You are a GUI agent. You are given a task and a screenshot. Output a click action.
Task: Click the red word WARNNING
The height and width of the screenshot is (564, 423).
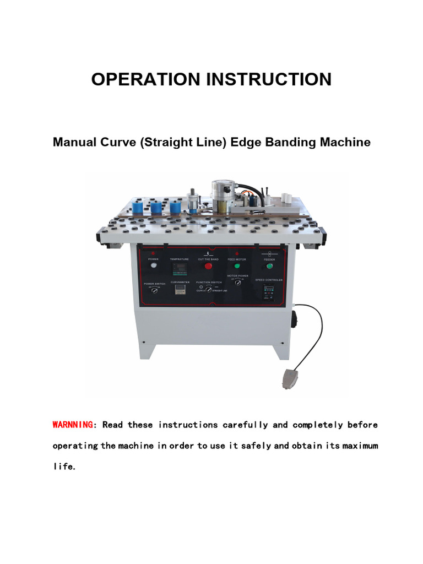tap(73, 425)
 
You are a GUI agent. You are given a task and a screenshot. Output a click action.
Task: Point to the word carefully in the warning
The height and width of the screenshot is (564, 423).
tap(245, 425)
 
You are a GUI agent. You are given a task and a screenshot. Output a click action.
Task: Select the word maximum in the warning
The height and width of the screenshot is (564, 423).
tap(360, 446)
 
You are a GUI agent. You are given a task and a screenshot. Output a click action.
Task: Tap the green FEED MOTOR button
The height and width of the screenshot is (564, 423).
tap(237, 265)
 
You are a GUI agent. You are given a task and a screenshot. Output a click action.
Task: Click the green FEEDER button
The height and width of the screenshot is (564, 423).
tap(269, 265)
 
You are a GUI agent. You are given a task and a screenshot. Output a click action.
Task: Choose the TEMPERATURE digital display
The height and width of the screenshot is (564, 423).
tap(180, 268)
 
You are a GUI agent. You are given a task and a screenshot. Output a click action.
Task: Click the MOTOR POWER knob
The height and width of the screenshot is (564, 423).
tap(238, 283)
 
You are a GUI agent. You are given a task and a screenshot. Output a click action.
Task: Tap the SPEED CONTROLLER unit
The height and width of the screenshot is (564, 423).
tap(269, 291)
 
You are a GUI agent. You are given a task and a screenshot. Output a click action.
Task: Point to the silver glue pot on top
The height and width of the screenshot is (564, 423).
tap(223, 192)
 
